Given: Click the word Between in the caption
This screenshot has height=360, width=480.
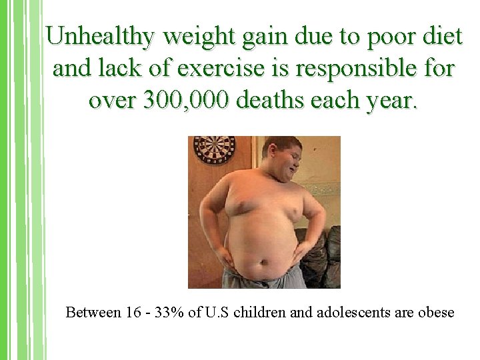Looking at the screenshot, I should (x=93, y=312).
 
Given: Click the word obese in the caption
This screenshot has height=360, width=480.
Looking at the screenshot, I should (x=435, y=312).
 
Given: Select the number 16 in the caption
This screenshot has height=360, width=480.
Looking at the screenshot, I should (x=133, y=312).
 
